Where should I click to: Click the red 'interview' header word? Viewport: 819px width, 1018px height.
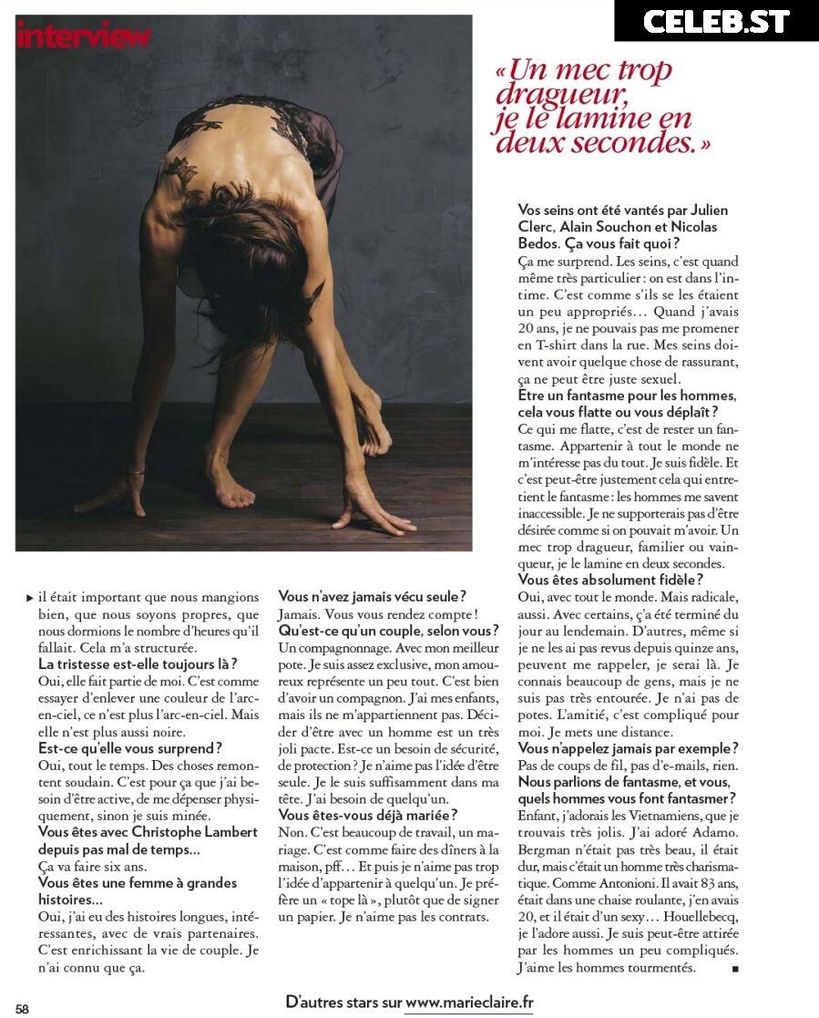click(83, 36)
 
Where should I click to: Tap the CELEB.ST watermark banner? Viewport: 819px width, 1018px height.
click(716, 21)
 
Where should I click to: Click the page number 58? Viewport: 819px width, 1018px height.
click(22, 1008)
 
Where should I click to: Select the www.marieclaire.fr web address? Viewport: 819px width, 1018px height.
click(469, 1002)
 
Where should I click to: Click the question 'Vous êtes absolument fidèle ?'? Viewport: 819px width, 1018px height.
click(610, 579)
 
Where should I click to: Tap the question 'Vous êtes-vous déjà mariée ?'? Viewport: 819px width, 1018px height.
click(367, 815)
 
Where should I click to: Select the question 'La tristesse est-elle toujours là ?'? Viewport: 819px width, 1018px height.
click(138, 663)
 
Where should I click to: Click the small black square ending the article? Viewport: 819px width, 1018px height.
click(734, 968)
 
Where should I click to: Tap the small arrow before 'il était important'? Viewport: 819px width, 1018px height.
click(29, 598)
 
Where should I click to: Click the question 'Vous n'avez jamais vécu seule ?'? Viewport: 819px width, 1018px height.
click(372, 596)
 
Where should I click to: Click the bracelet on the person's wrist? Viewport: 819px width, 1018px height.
click(137, 471)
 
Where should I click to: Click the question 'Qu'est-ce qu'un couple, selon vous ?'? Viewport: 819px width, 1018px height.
click(388, 631)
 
